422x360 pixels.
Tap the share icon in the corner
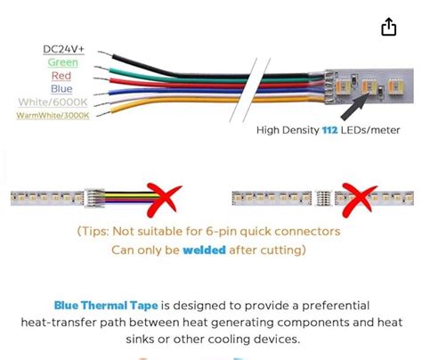pos(388,27)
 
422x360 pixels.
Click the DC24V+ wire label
pos(63,49)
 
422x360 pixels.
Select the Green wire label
pos(63,62)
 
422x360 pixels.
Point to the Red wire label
pos(61,76)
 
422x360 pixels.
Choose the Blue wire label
pos(61,88)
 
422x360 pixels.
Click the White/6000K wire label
pos(53,102)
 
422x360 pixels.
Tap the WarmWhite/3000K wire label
pos(53,115)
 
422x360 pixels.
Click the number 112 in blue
pos(330,130)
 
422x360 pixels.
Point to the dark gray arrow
pos(355,106)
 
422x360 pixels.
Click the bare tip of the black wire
pos(105,53)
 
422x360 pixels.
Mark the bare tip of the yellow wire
pos(104,114)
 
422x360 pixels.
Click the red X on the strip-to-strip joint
pos(359,200)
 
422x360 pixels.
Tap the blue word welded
pos(204,250)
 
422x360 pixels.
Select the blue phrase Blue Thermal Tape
pos(106,306)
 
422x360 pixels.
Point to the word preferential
pos(336,306)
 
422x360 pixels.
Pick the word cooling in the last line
pos(226,340)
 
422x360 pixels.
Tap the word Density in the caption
pos(300,130)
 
